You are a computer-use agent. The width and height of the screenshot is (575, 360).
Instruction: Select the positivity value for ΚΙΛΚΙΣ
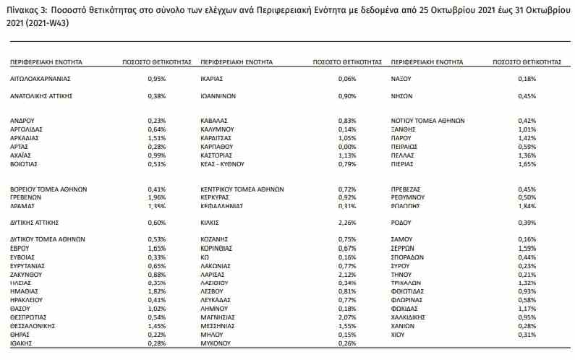pos(347,222)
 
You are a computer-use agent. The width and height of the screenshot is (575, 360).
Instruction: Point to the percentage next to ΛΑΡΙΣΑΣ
pos(347,275)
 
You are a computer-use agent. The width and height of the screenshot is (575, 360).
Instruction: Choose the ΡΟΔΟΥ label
pos(401,222)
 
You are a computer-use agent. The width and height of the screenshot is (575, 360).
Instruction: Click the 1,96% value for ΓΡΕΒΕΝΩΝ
pos(157,197)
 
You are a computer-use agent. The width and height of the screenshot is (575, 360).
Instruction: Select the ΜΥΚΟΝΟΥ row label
pos(217,344)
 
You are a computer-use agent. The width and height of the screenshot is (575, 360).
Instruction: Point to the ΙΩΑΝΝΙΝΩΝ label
pos(218,95)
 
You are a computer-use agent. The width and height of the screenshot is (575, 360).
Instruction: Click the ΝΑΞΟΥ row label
pos(401,78)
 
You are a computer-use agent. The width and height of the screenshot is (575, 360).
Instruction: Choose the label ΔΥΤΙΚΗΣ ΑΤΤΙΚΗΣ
pos(35,222)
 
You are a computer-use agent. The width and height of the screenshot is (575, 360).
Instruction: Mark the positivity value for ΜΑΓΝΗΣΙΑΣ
pos(347,318)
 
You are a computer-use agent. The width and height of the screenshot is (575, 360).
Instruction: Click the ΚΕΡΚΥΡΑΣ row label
pos(218,197)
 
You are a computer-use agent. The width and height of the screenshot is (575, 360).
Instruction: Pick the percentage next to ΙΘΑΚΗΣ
pos(157,344)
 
